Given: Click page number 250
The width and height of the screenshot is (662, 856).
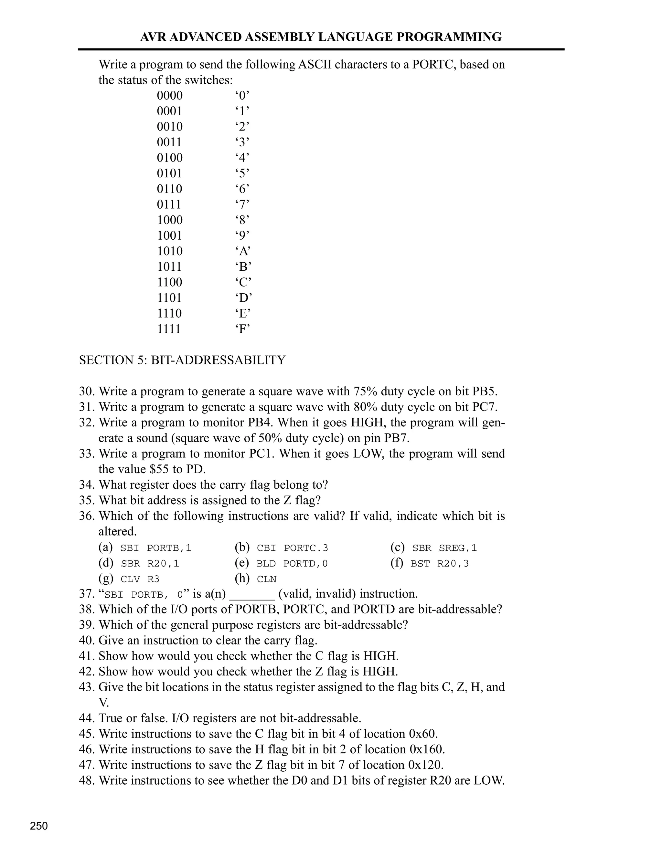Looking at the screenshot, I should [39, 826].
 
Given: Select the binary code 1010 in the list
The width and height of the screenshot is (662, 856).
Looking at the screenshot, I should [170, 251].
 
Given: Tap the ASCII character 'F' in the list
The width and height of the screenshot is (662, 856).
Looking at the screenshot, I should [243, 329].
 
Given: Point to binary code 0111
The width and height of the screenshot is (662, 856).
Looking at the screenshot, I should [169, 204].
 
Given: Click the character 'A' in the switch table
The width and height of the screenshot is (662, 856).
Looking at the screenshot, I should [243, 251].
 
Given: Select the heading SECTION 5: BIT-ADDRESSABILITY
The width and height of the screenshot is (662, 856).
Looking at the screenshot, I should [182, 360].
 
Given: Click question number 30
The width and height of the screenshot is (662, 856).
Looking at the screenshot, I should [87, 391].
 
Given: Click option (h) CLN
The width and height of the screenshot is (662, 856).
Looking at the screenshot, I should [267, 579].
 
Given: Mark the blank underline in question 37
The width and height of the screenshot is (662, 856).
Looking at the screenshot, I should [252, 594].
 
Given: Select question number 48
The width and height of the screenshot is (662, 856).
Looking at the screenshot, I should [87, 780].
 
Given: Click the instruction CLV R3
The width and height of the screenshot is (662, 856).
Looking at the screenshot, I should [140, 579].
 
